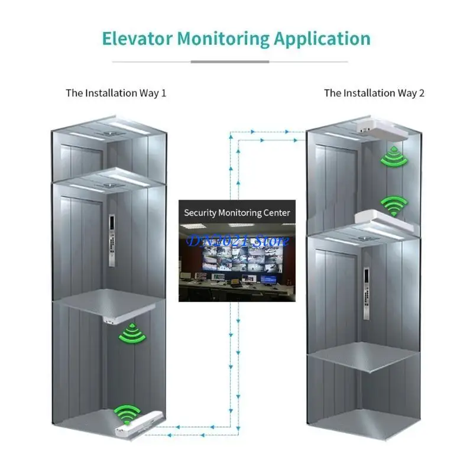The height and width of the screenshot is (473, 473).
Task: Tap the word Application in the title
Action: point(322,38)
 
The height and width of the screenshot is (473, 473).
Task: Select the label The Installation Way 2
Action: point(374,93)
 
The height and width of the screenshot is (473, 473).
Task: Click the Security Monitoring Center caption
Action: point(237,212)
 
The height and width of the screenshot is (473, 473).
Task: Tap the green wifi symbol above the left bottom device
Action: point(127,413)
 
